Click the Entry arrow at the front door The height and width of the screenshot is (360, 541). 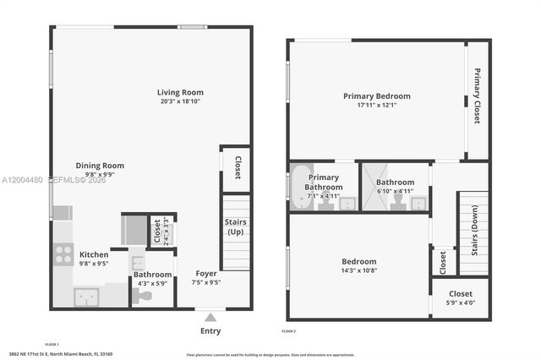[210, 318]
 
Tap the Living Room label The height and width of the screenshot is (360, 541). [180, 92]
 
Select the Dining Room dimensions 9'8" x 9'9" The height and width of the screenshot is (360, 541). [100, 175]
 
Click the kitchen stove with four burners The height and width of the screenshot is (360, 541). [63, 254]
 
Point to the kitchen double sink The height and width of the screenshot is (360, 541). [85, 297]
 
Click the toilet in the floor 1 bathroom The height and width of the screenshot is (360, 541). [145, 296]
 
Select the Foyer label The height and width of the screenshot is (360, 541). [206, 273]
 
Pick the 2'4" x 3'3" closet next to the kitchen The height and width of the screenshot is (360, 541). [157, 232]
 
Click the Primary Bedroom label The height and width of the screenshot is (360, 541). [376, 95]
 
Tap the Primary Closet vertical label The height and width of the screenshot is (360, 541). [477, 96]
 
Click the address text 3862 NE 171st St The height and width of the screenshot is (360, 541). [61, 353]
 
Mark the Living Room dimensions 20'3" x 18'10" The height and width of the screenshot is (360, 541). [180, 101]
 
